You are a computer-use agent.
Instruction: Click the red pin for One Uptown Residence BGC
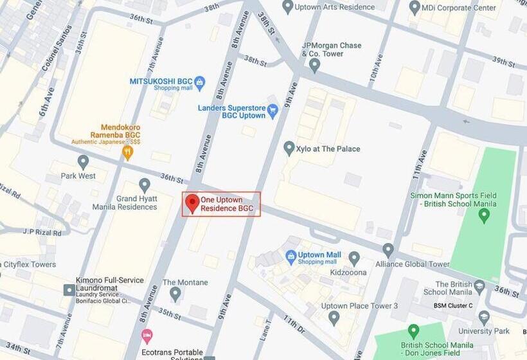click(192, 204)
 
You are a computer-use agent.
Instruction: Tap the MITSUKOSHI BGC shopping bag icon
click(199, 82)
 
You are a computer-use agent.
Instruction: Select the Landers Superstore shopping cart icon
click(272, 111)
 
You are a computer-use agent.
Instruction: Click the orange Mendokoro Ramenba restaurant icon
click(127, 152)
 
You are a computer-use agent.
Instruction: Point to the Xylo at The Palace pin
click(289, 148)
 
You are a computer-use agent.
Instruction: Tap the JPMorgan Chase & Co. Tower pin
click(314, 64)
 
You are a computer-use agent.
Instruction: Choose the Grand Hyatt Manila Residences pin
click(145, 185)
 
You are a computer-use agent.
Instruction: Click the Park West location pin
click(83, 161)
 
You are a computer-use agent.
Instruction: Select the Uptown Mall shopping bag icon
click(290, 256)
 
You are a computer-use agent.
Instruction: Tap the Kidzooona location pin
click(354, 258)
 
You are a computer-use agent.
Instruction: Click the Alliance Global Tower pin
click(388, 249)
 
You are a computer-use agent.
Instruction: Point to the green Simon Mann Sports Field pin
click(485, 215)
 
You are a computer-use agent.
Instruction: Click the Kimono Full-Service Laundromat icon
click(69, 290)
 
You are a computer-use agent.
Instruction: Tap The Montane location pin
click(175, 294)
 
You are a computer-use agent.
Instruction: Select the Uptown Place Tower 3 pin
click(334, 317)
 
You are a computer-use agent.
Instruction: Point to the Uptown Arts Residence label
click(337, 8)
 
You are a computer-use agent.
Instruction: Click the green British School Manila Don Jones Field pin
click(414, 331)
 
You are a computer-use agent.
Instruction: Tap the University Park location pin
click(484, 318)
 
